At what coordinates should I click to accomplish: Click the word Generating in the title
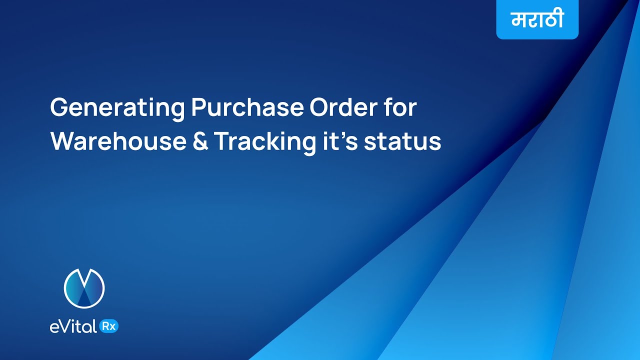(x=117, y=108)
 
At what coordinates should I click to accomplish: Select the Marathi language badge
(x=537, y=20)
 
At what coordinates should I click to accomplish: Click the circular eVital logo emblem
(x=84, y=288)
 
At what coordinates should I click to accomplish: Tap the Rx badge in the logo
(x=109, y=326)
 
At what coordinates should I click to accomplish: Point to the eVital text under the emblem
(x=73, y=326)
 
